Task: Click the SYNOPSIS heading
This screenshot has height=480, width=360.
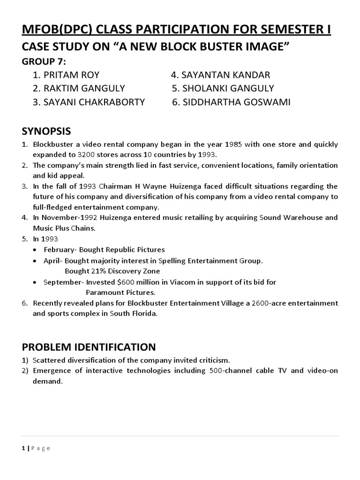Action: tap(46, 130)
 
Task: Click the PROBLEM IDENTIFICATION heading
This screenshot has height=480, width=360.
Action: tap(89, 347)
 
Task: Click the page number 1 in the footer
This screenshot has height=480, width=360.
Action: tap(23, 448)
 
